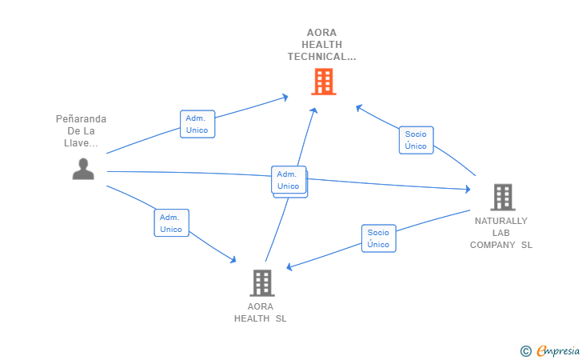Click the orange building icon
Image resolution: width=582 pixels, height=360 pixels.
[x=323, y=82]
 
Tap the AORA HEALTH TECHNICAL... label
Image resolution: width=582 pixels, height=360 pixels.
[x=321, y=45]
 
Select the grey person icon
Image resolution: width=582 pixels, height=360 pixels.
[x=83, y=169]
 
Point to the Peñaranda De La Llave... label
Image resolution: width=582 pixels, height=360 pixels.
[x=81, y=131]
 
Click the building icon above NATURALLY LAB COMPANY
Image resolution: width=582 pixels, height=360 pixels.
[x=502, y=197]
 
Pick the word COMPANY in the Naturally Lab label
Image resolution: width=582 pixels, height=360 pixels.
[x=492, y=246]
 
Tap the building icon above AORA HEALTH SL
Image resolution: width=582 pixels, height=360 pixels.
[x=261, y=282]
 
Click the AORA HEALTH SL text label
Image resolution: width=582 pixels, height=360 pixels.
[x=261, y=312]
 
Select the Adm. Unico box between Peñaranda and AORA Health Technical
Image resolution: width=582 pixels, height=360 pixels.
[x=197, y=124]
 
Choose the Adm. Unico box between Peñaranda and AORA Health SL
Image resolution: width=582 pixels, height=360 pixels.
[x=171, y=223]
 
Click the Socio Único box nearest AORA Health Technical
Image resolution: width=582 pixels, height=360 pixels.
[x=416, y=140]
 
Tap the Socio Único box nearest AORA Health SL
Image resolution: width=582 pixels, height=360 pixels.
[x=378, y=238]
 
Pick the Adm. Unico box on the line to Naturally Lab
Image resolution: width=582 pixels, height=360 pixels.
[x=288, y=180]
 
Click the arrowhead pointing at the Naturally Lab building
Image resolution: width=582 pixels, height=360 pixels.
[x=467, y=190]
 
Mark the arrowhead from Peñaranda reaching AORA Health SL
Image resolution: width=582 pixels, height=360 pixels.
[x=233, y=259]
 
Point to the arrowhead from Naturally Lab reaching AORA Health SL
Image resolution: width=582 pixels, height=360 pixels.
[x=291, y=266]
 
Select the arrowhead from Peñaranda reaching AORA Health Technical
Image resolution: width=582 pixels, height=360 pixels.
[x=285, y=98]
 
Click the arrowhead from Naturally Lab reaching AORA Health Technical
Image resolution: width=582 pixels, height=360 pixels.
[x=359, y=107]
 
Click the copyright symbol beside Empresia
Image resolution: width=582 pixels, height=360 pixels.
[x=525, y=350]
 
